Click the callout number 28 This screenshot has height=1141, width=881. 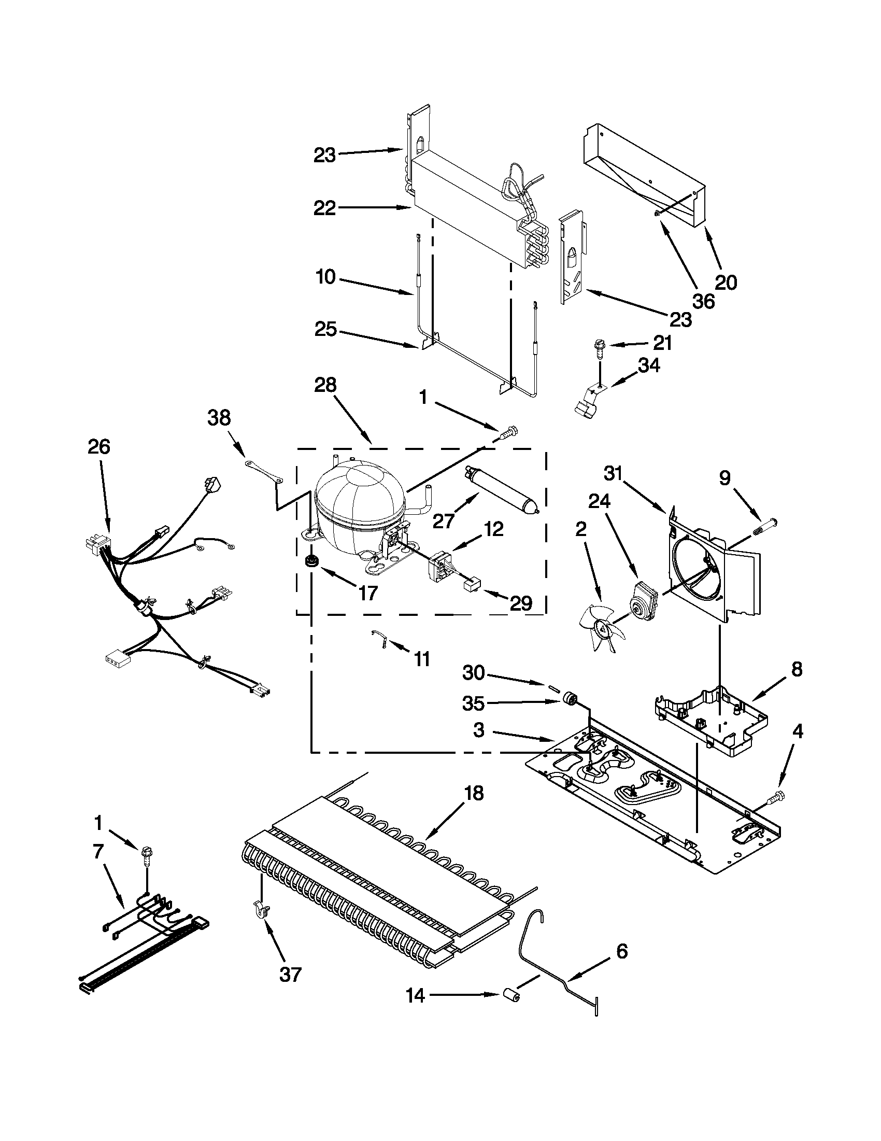(325, 386)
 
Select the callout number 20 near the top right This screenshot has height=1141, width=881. (726, 282)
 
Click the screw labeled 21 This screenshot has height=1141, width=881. (599, 347)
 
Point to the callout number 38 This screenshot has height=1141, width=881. (219, 418)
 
